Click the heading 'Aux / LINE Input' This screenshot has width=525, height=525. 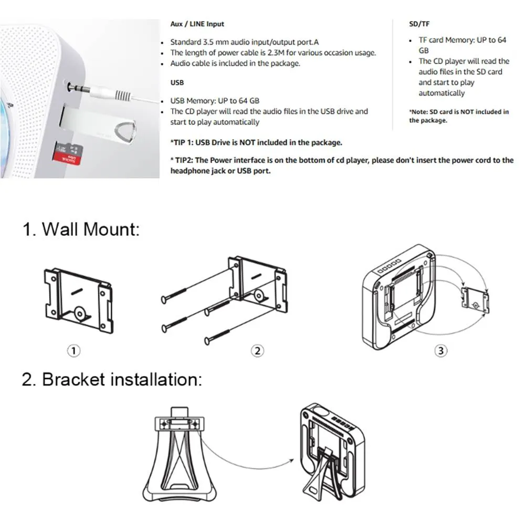click(x=197, y=24)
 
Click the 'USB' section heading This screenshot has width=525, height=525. click(x=177, y=82)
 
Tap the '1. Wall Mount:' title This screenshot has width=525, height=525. click(x=81, y=229)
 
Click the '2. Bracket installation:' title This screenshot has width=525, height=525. click(x=111, y=379)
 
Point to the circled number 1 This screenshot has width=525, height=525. click(x=75, y=351)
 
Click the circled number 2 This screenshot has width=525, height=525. click(x=257, y=351)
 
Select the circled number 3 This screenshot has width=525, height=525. click(x=442, y=351)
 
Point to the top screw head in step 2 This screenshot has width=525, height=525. click(x=164, y=299)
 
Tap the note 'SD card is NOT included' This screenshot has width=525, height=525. click(x=458, y=115)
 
